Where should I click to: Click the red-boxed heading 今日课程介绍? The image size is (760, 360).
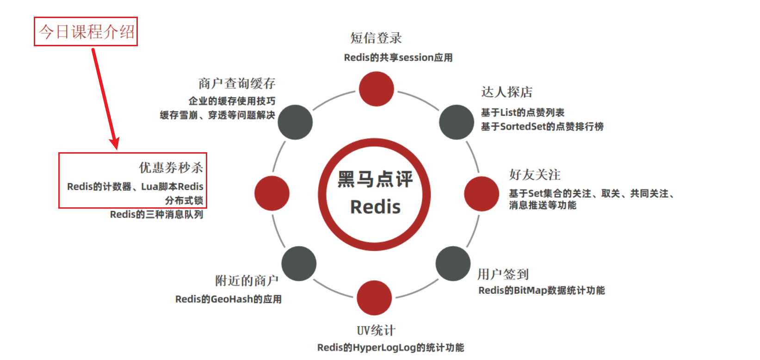86,31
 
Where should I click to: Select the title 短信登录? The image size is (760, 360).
376,38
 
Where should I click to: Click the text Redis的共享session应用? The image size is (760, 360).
398,57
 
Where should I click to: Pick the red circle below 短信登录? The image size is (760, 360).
377,89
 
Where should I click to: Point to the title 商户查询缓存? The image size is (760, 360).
237,83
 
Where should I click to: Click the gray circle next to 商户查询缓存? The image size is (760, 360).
295,122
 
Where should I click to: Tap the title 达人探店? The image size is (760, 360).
507,92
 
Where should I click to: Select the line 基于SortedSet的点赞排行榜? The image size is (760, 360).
542,126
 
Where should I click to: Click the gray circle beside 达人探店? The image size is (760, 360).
456,122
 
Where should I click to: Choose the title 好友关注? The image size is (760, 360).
535,174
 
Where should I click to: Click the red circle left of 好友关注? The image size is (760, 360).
482,193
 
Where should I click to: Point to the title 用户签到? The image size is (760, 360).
503,274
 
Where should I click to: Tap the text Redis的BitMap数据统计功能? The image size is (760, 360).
542,290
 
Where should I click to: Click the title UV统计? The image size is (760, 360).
376,330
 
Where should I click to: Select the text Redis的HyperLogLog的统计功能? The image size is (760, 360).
390,348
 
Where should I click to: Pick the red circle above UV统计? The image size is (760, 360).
374,298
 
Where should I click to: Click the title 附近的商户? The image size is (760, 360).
247,280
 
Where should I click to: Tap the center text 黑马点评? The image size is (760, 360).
375,179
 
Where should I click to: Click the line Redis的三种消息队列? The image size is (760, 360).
156,214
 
